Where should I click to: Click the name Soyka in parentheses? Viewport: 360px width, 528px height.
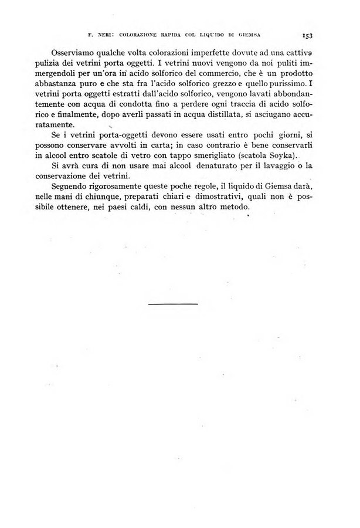[280, 155]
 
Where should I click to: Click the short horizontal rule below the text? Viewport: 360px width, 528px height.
[173, 303]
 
